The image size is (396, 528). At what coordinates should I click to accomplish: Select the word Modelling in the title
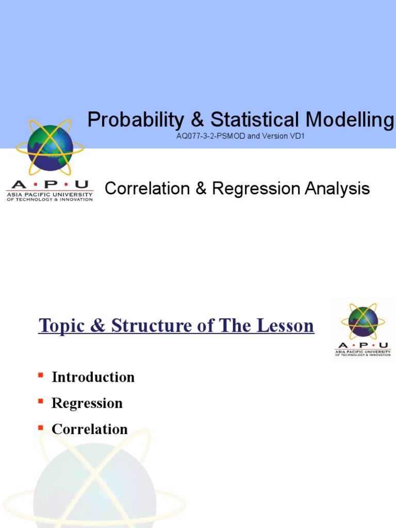coord(350,120)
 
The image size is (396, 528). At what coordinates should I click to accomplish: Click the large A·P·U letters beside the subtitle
coord(49,185)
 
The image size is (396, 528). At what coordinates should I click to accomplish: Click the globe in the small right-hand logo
coord(363,321)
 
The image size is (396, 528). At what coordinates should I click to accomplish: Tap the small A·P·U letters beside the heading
coord(363,345)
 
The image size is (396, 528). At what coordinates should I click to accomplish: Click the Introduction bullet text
coord(93,377)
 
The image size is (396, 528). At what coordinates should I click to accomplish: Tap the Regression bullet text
coord(87,403)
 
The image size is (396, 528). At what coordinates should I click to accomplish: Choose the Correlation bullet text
coord(89,429)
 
